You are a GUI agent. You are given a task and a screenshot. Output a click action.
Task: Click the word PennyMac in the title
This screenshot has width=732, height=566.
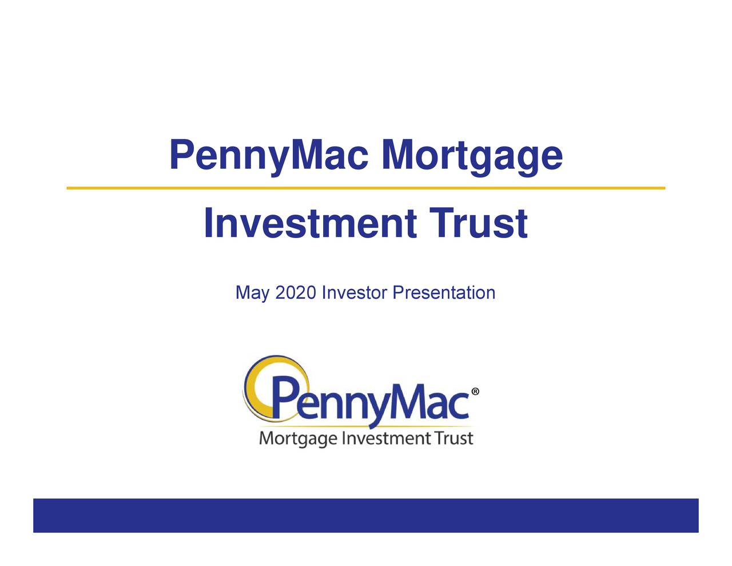(268, 156)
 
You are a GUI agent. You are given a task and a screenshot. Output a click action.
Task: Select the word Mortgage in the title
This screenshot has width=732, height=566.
(472, 156)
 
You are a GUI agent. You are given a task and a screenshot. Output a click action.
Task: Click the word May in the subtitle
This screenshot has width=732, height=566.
(252, 293)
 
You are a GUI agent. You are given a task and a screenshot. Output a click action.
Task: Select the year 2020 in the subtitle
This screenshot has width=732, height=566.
(295, 293)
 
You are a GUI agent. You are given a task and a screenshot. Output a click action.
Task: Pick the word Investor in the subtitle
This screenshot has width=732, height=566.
(355, 293)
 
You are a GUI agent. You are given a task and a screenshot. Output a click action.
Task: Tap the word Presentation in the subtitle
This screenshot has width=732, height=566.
(444, 293)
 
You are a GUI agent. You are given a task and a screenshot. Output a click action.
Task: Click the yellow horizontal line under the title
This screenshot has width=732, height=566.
(366, 188)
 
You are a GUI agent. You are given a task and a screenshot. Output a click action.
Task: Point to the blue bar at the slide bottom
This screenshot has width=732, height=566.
(366, 515)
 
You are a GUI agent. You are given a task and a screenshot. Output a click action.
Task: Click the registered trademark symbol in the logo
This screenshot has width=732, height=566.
(475, 392)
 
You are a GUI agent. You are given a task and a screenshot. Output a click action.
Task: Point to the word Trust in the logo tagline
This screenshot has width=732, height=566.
(453, 439)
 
